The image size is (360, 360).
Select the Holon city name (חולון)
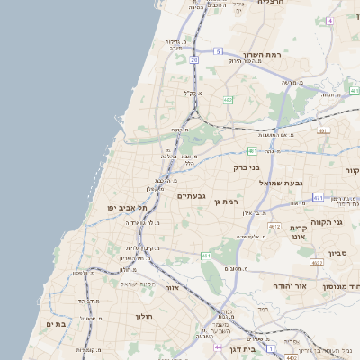pyautogui.click(x=145, y=317)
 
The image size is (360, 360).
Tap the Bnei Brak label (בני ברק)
pyautogui.click(x=246, y=167)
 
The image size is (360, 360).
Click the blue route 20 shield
pyautogui.click(x=193, y=59)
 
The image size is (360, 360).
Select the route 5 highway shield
pyautogui.click(x=219, y=52)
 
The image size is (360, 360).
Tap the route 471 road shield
pyautogui.click(x=318, y=196)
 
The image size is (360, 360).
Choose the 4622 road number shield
pyautogui.click(x=316, y=263)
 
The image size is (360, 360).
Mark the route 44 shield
pyautogui.click(x=218, y=346)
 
